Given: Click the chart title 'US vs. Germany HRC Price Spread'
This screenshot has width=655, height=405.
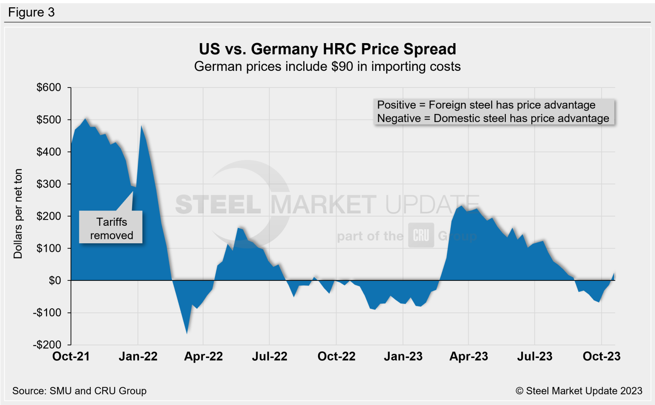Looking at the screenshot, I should click(327, 49).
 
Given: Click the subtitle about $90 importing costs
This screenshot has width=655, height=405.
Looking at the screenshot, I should click(327, 67).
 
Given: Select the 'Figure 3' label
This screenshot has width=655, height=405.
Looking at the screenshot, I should click(31, 12).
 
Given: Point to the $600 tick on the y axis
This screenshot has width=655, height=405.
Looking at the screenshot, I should click(49, 87).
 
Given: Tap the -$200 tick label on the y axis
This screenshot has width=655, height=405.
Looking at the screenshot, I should click(47, 345).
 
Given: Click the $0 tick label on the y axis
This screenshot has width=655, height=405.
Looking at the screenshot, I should click(55, 280).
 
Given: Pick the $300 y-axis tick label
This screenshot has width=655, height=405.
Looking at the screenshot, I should click(49, 184).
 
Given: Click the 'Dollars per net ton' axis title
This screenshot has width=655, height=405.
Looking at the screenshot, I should click(18, 214).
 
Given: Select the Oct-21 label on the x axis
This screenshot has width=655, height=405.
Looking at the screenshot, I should click(71, 356).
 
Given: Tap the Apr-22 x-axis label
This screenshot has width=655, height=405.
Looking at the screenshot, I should click(203, 356).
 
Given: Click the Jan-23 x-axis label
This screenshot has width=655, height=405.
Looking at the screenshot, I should click(403, 356).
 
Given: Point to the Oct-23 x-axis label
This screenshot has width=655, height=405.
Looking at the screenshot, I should click(601, 356).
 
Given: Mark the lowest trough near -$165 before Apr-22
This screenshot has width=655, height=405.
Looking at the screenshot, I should click(187, 333).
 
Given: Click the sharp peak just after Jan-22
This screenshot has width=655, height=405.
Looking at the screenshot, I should click(142, 126).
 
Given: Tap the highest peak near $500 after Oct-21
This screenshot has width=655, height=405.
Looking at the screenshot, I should click(86, 119).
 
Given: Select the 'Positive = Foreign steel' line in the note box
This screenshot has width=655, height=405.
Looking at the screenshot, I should click(486, 105).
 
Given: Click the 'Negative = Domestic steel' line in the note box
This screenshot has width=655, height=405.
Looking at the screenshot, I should click(493, 118).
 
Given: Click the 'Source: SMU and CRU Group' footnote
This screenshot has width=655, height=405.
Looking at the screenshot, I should click(79, 391).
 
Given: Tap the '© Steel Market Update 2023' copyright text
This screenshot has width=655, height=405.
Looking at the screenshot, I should click(579, 391).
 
